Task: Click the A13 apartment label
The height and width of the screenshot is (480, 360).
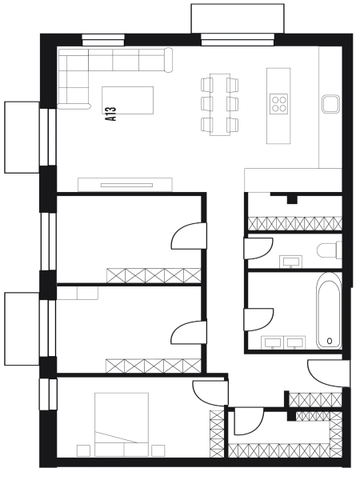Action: [110, 114]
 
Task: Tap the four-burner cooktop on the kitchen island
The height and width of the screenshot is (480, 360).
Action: [278, 103]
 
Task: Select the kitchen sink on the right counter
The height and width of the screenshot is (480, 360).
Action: [331, 103]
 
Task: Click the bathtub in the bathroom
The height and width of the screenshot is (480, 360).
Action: [329, 310]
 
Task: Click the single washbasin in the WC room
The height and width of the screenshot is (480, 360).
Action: [290, 262]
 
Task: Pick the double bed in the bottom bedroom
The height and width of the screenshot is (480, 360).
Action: [122, 425]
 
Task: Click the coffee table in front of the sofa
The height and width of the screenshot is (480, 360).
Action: [128, 100]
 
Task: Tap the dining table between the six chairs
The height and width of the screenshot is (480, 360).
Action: [220, 104]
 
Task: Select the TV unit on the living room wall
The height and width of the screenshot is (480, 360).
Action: [126, 185]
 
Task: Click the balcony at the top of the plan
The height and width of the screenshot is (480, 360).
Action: [238, 18]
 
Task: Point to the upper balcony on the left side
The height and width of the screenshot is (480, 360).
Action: [22, 138]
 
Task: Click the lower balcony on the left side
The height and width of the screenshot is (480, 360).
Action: [22, 329]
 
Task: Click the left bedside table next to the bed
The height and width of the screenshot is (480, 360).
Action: [83, 450]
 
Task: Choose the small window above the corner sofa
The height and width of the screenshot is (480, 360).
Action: [103, 41]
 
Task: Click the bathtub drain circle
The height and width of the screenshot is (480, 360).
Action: [330, 341]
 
